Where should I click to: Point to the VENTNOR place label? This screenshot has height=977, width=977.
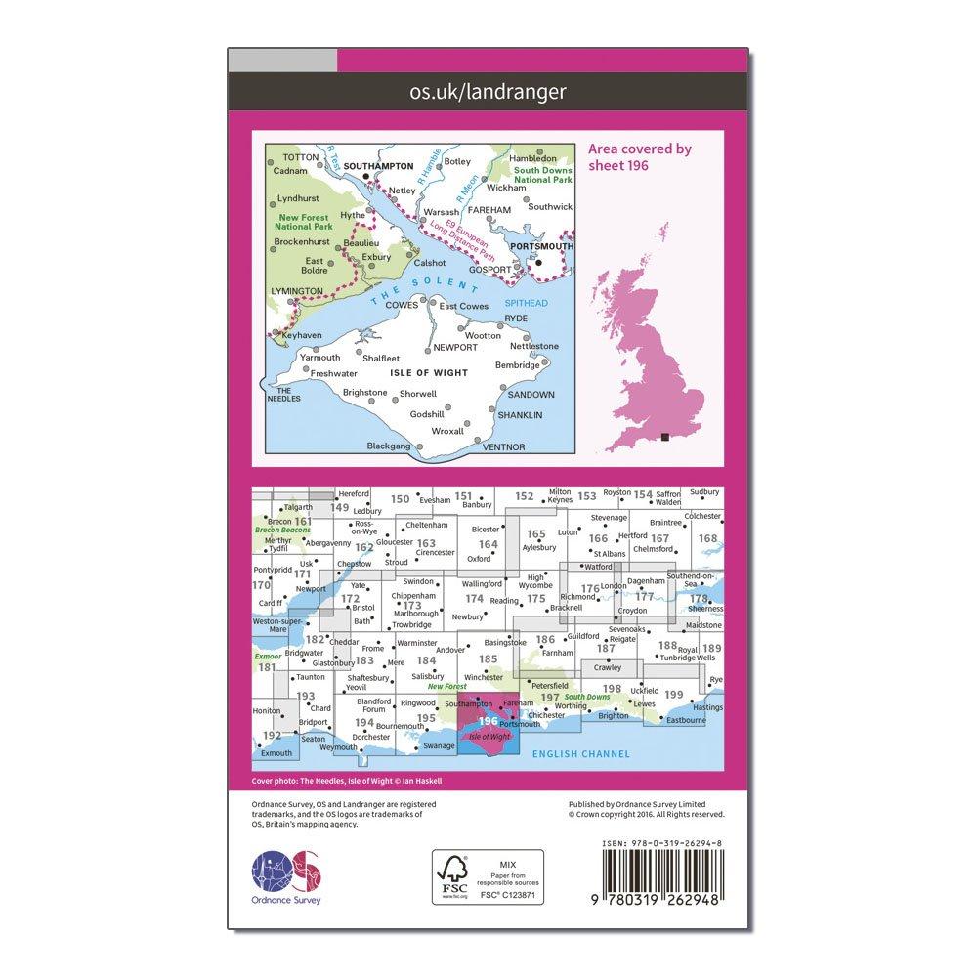504,446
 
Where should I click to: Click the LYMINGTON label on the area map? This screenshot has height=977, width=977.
295,291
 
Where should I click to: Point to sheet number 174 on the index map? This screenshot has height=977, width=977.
475,598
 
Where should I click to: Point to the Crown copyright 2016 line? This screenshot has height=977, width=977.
646,813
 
